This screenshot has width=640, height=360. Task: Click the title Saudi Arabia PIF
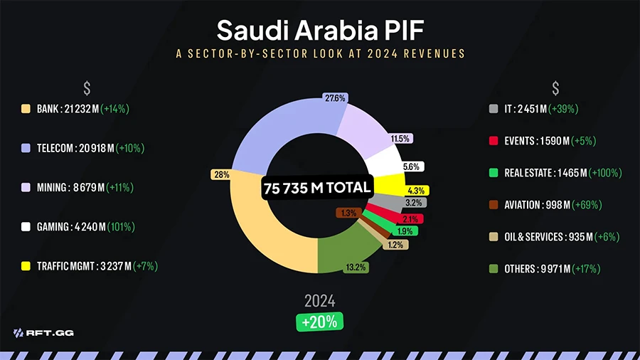click(x=319, y=30)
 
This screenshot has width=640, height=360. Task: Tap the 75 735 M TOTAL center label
click(x=317, y=188)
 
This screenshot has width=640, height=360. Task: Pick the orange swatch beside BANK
click(x=26, y=109)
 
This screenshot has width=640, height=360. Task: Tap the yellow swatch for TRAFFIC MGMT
click(x=26, y=266)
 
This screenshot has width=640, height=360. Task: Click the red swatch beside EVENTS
click(x=494, y=141)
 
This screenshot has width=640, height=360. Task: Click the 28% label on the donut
click(x=220, y=174)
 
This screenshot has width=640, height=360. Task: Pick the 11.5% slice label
click(x=400, y=139)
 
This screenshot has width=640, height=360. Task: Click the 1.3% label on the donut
click(x=348, y=213)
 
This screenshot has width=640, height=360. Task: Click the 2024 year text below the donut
click(x=319, y=300)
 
